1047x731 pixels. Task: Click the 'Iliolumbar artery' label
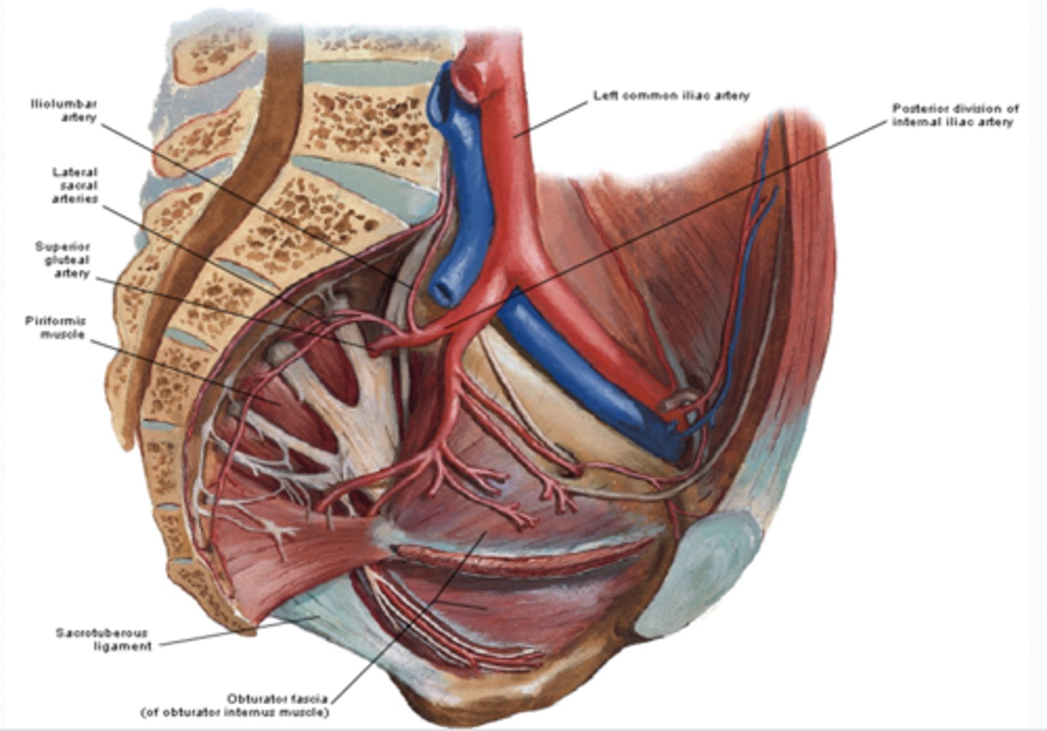tap(64, 111)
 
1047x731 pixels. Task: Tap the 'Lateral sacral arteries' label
tap(74, 185)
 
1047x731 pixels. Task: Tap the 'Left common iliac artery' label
tap(670, 95)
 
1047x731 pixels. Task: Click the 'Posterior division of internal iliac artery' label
tap(955, 115)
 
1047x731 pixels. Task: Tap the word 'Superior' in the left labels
tap(63, 247)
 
